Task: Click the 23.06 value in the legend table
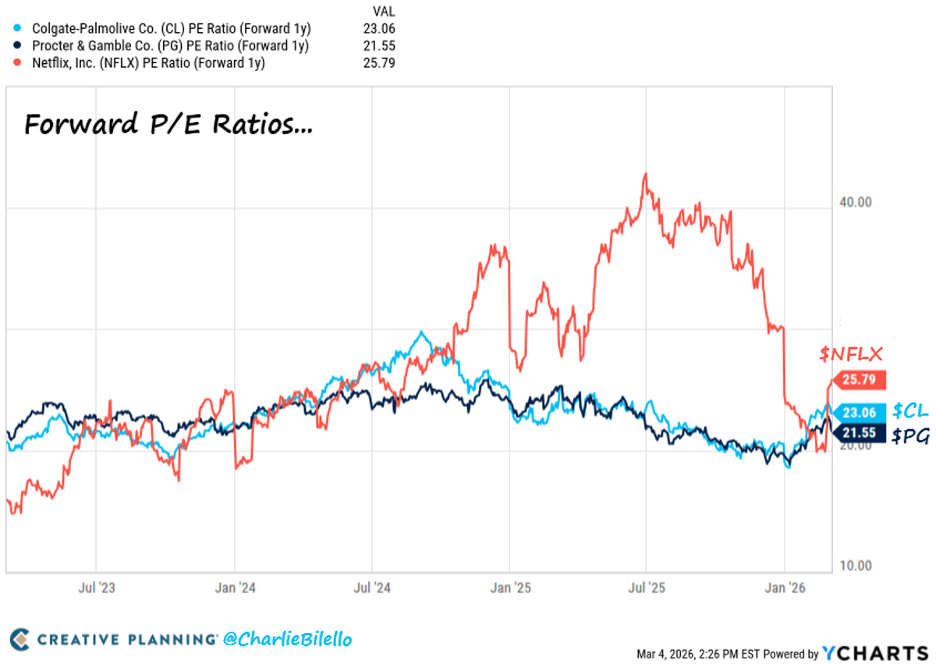tap(380, 28)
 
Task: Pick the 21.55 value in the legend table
tap(380, 45)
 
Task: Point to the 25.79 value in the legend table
tap(380, 63)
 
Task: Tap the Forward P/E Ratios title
tap(168, 125)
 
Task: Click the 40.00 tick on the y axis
tap(854, 202)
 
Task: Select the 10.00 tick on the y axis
tap(854, 565)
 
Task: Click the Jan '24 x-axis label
tap(236, 587)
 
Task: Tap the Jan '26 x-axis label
tap(785, 587)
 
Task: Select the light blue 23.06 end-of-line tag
tap(859, 413)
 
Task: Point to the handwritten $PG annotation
tap(911, 437)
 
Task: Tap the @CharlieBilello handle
tap(287, 640)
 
